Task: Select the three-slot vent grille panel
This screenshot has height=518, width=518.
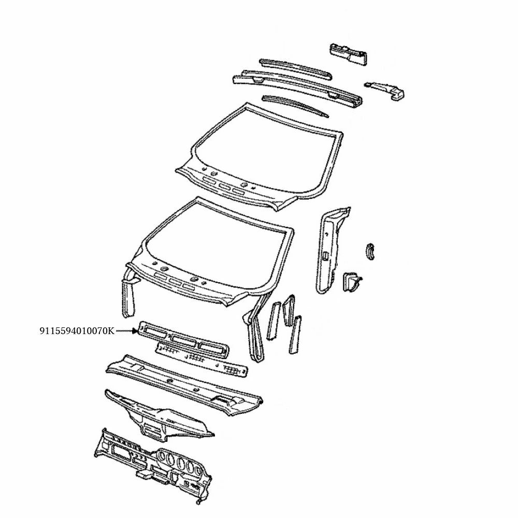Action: pyautogui.click(x=184, y=340)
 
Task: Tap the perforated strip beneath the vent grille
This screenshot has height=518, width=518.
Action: pyautogui.click(x=202, y=358)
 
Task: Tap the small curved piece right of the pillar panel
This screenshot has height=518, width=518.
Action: pyautogui.click(x=371, y=250)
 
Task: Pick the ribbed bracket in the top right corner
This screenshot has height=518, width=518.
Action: pyautogui.click(x=349, y=54)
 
